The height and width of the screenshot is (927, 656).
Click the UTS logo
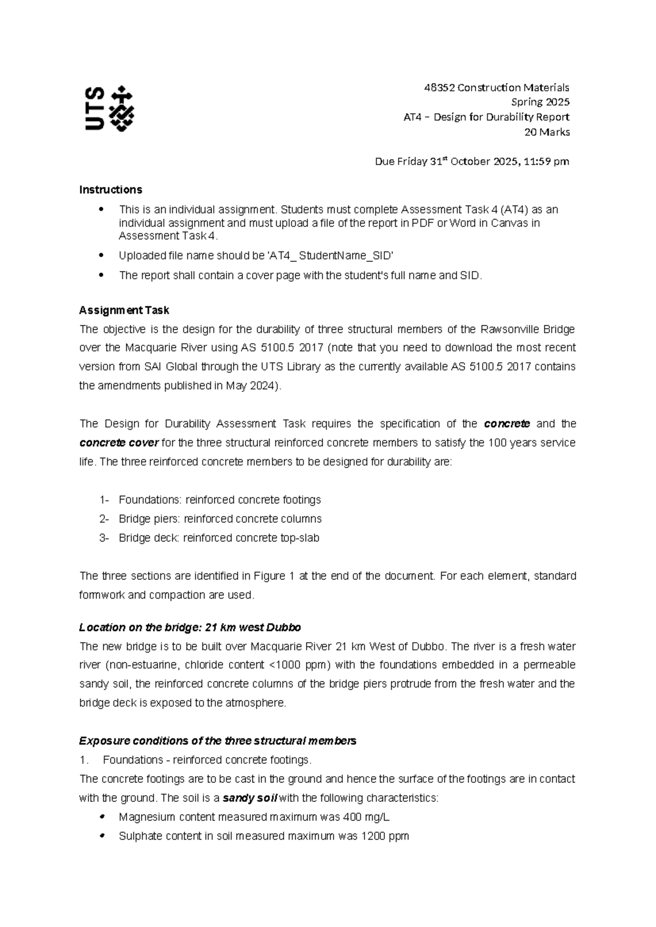tap(109, 108)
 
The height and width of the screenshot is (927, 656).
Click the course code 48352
tap(439, 87)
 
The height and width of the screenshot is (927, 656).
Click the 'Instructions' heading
tap(110, 190)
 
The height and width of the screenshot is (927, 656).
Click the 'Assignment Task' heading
tap(124, 310)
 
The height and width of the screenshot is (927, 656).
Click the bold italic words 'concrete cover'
tap(119, 443)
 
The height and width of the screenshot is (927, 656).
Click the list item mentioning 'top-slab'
tap(219, 538)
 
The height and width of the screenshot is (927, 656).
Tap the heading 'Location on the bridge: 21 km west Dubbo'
tap(190, 627)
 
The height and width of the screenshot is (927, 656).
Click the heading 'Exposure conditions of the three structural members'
tap(218, 741)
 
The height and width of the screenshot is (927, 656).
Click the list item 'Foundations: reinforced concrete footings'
tap(219, 500)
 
